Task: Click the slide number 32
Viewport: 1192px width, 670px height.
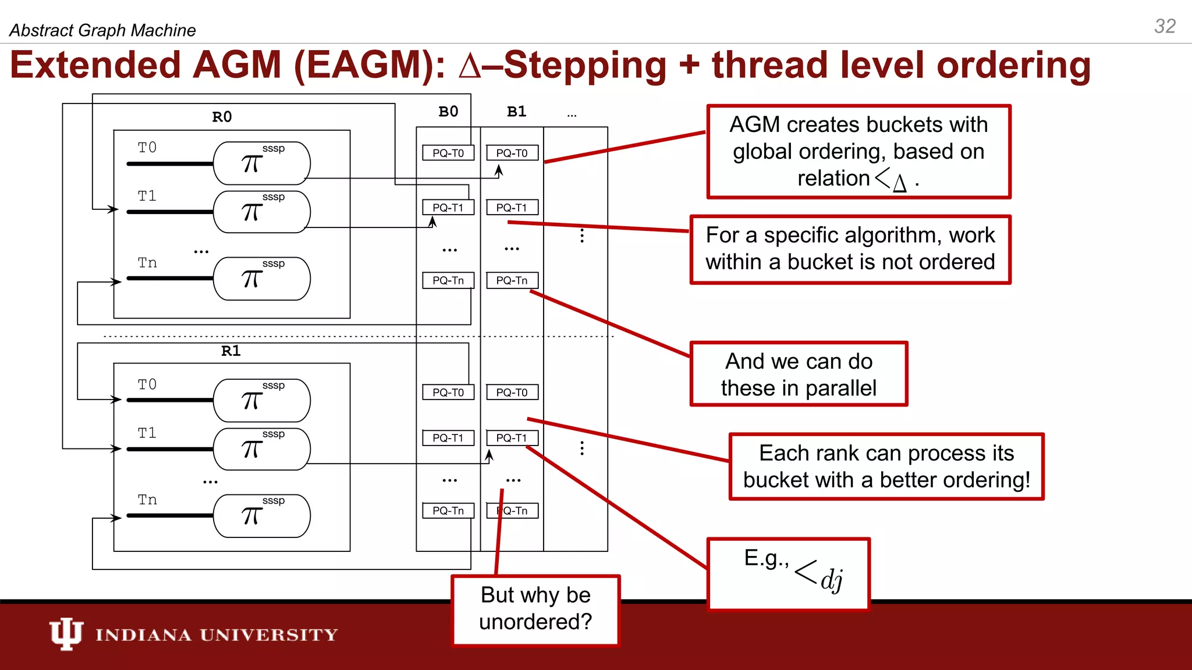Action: tap(1165, 26)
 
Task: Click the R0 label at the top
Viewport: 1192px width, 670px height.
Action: tap(222, 117)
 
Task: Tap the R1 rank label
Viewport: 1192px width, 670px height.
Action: tap(230, 351)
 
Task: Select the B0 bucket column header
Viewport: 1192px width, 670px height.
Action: tap(448, 112)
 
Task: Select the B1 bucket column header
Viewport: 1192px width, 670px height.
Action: tap(516, 112)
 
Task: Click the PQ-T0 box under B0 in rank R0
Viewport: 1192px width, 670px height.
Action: tap(448, 153)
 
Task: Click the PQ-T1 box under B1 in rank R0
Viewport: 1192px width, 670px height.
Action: tap(512, 208)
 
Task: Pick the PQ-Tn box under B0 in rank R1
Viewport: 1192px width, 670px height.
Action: tap(448, 511)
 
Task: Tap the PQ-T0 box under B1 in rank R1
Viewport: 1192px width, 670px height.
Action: tap(512, 393)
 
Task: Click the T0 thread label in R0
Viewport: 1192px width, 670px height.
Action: tap(147, 148)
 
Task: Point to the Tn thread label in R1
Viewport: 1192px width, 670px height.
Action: tap(147, 500)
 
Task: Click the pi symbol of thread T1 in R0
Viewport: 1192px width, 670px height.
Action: tap(251, 212)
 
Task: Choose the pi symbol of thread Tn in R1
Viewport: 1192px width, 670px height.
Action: tap(251, 516)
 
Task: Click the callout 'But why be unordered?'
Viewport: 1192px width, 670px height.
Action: tap(535, 609)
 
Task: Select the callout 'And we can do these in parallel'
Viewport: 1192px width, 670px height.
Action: tap(799, 374)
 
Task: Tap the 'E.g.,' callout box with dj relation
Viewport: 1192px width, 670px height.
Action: tap(788, 573)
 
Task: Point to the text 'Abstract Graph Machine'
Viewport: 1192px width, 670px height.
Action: tap(102, 30)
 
